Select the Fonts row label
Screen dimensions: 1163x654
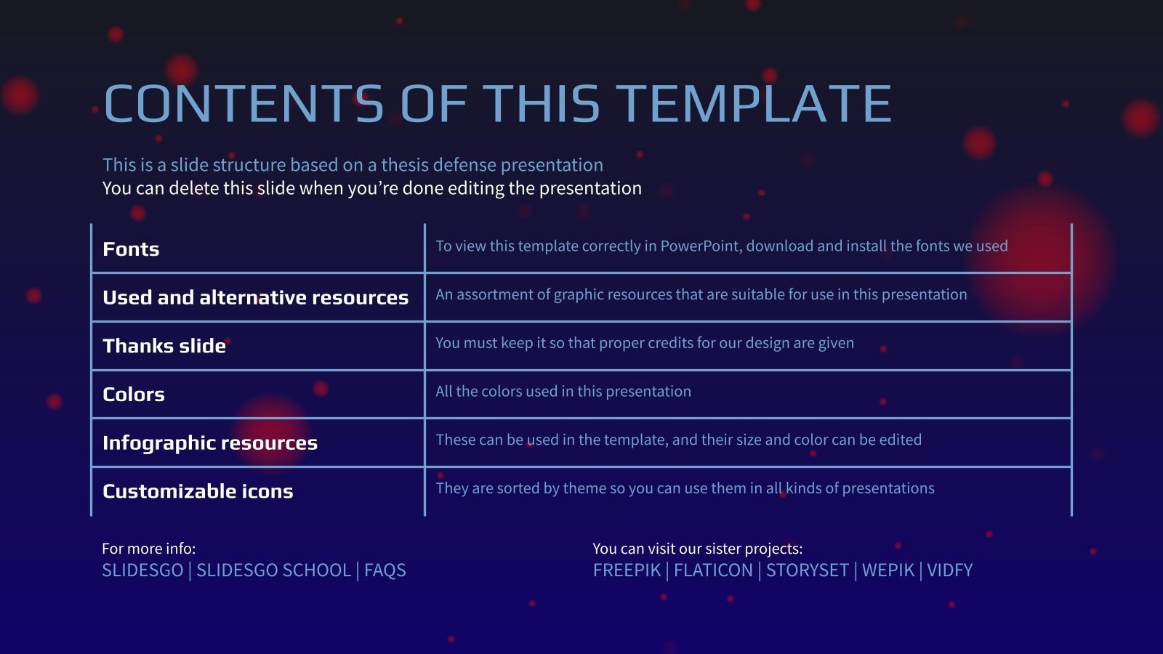coord(131,249)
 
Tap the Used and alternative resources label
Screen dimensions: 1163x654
coord(255,297)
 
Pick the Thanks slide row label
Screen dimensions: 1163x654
coord(164,346)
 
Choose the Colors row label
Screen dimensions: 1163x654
coord(134,395)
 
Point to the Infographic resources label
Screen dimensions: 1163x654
coord(210,443)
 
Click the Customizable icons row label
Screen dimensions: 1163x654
coord(198,491)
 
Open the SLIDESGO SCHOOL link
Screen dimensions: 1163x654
coord(273,570)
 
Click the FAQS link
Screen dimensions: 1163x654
coord(385,570)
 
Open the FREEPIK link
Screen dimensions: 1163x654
coord(627,570)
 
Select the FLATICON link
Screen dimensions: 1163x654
coord(713,570)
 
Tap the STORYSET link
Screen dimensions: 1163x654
coord(808,570)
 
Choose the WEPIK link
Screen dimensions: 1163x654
coord(888,570)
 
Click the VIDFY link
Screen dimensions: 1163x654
coord(949,570)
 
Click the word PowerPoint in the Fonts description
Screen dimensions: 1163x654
coord(701,246)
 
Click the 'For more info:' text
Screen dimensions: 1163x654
coord(149,549)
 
